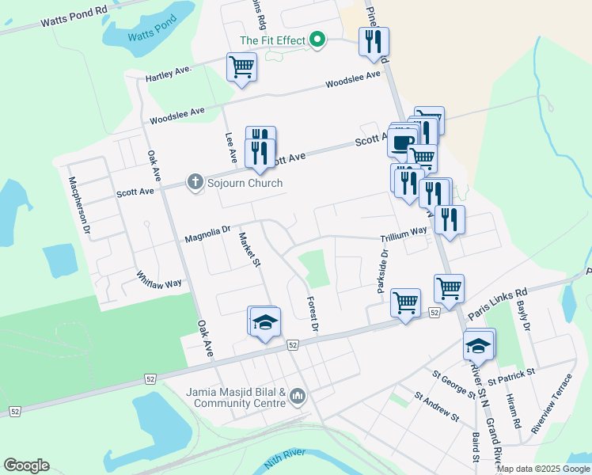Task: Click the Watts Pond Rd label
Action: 74,17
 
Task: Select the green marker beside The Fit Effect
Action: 318,40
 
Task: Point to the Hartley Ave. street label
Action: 169,74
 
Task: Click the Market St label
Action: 249,249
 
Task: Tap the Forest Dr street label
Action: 311,313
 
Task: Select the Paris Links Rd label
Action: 497,303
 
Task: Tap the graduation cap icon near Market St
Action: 265,321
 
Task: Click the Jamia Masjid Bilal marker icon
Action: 298,395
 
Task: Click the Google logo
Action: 26,465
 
